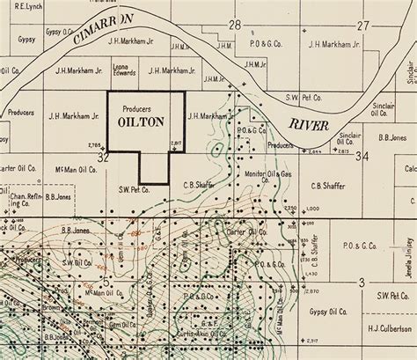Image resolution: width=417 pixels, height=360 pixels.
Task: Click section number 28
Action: [x=235, y=25]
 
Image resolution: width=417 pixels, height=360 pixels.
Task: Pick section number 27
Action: [x=363, y=25]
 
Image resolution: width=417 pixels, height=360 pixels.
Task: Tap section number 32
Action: [x=103, y=157]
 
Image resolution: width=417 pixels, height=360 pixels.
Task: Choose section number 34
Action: [x=362, y=157]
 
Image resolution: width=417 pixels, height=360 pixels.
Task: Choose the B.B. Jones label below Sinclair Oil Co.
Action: [x=390, y=137]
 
